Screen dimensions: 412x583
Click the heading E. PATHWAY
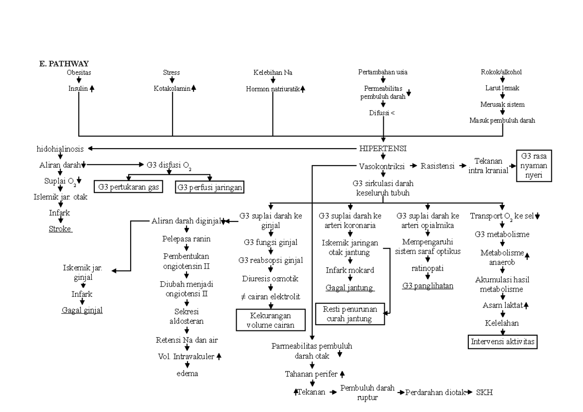pyautogui.click(x=60, y=64)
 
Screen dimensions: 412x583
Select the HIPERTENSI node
pyautogui.click(x=383, y=148)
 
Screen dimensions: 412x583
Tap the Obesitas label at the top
pyautogui.click(x=79, y=72)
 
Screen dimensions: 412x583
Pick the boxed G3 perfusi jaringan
pyautogui.click(x=209, y=187)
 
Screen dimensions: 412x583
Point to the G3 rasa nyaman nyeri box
pyautogui.click(x=534, y=166)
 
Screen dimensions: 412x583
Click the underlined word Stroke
pyautogui.click(x=60, y=229)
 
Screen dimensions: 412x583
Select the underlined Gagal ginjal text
pyautogui.click(x=82, y=310)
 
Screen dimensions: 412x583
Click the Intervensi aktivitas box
pyautogui.click(x=503, y=342)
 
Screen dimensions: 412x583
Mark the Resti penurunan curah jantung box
pyautogui.click(x=350, y=314)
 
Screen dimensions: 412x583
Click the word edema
pyautogui.click(x=187, y=373)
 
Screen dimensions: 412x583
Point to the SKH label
pyautogui.click(x=484, y=392)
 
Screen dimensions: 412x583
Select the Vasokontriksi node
pyautogui.click(x=382, y=165)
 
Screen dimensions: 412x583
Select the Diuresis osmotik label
pyautogui.click(x=271, y=278)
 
